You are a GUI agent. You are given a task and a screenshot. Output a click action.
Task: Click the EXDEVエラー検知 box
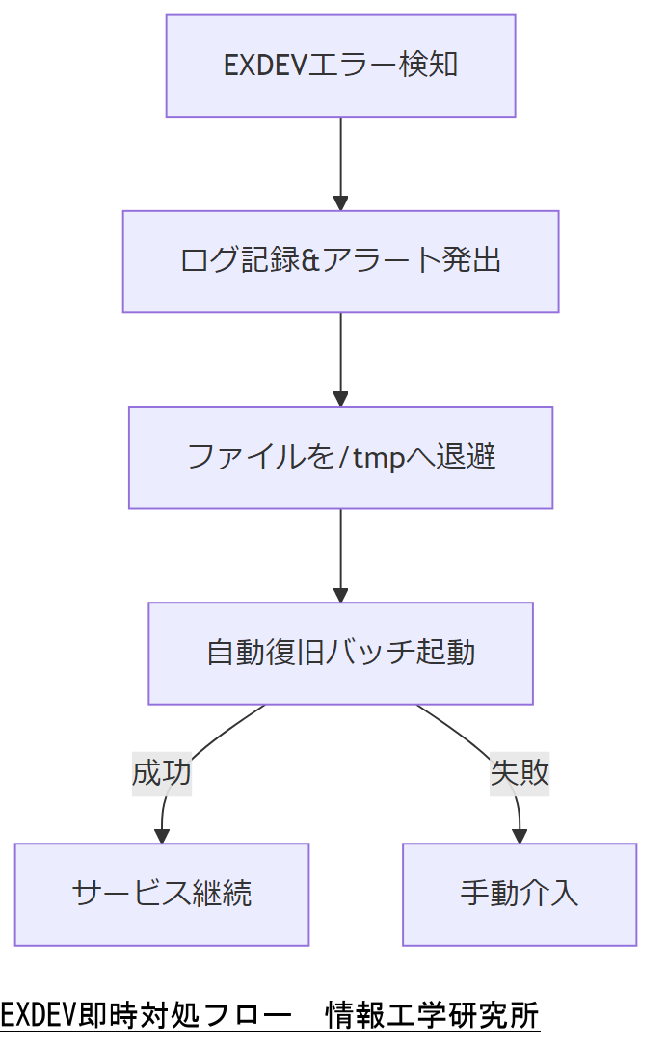[340, 66]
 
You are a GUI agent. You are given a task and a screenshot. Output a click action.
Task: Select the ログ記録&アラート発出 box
[340, 261]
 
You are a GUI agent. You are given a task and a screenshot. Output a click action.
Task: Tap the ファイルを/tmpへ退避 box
[340, 457]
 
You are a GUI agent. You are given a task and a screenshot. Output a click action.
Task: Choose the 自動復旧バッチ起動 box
[340, 653]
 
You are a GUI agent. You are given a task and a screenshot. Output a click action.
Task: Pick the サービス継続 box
[161, 894]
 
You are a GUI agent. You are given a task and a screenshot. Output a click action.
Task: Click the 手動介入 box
[519, 894]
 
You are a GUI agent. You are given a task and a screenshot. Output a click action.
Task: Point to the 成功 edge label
[162, 773]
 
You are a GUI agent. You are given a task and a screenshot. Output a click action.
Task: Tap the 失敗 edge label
[520, 773]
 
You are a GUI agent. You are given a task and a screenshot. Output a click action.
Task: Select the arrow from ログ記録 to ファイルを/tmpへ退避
[340, 358]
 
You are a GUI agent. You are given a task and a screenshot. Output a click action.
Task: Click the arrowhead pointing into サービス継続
[162, 836]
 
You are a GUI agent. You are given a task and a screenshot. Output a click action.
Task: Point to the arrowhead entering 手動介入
[520, 836]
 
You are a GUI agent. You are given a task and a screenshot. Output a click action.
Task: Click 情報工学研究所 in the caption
[432, 1015]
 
